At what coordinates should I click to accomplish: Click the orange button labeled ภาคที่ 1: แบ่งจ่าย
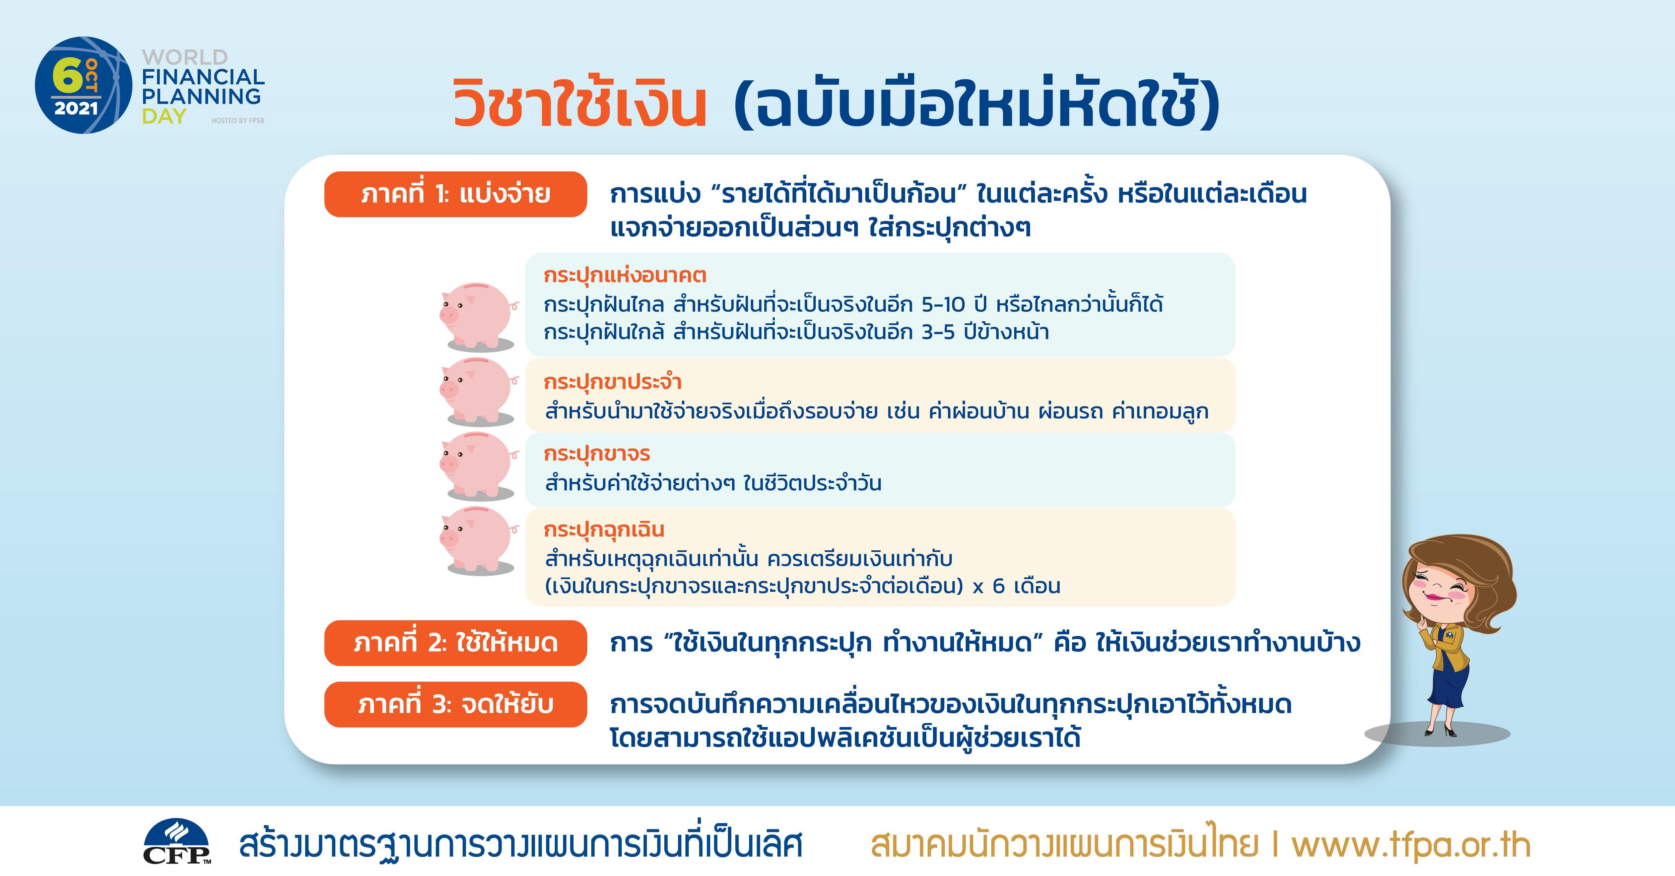point(455,194)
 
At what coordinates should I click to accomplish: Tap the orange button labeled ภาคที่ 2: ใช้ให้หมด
point(455,643)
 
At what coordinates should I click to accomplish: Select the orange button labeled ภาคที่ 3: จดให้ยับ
point(455,704)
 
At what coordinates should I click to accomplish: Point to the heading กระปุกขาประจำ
point(612,382)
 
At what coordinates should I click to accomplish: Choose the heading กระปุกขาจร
point(597,454)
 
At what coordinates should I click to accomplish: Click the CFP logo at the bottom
point(177,842)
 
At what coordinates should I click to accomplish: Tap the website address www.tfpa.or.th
point(1411,845)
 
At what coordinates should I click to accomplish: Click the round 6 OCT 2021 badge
point(83,85)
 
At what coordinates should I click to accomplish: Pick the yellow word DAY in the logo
point(164,116)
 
